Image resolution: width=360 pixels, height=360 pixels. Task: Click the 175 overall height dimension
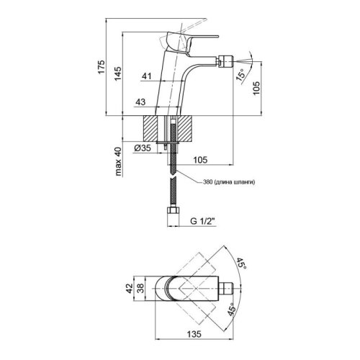pyautogui.click(x=102, y=67)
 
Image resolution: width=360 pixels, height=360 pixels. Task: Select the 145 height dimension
pyautogui.click(x=117, y=73)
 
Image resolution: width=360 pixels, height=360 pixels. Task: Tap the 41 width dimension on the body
pyautogui.click(x=147, y=76)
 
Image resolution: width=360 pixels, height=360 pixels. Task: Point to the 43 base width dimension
pyautogui.click(x=140, y=102)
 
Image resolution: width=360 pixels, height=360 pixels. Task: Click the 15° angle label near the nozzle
pyautogui.click(x=241, y=75)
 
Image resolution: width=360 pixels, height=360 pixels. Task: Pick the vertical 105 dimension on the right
pyautogui.click(x=256, y=88)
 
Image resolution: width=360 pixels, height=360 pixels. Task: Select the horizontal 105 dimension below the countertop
pyautogui.click(x=200, y=160)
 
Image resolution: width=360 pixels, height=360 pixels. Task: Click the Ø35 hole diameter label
pyautogui.click(x=143, y=148)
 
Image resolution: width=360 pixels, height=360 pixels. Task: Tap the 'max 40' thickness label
pyautogui.click(x=119, y=161)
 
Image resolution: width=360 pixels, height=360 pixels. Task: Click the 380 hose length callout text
pyautogui.click(x=229, y=182)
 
